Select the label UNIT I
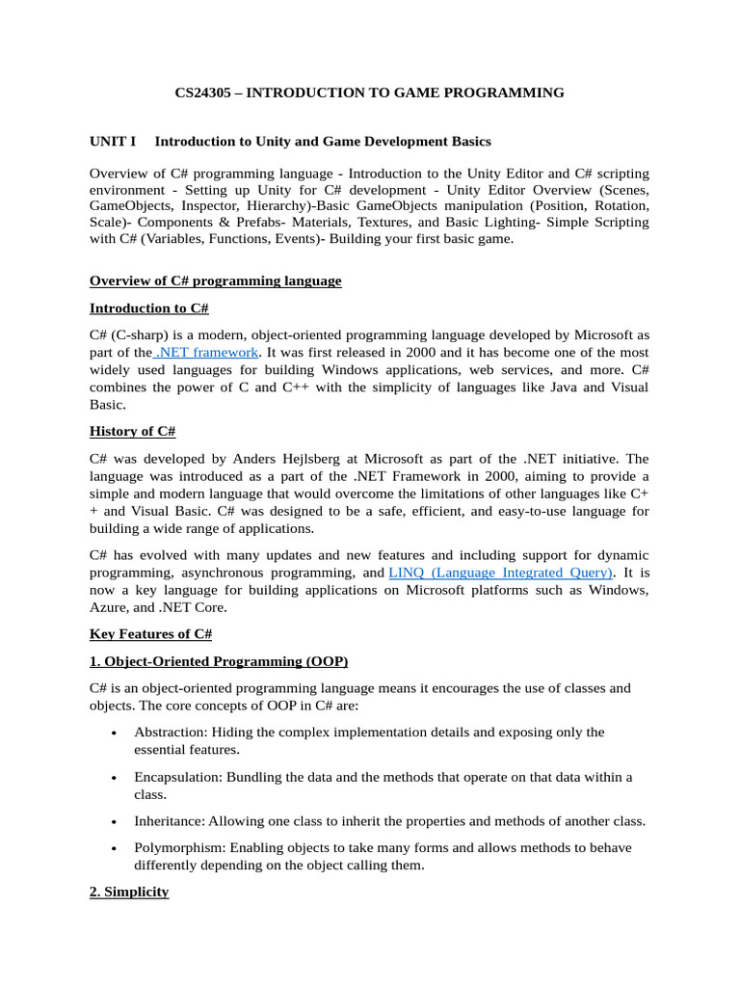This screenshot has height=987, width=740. pyautogui.click(x=113, y=142)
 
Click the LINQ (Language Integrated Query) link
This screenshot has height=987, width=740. pyautogui.click(x=501, y=573)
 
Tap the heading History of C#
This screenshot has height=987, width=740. pyautogui.click(x=133, y=431)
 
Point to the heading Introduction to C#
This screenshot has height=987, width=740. pyautogui.click(x=149, y=308)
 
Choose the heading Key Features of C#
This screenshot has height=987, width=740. pyautogui.click(x=150, y=633)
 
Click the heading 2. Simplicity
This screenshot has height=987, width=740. pyautogui.click(x=129, y=893)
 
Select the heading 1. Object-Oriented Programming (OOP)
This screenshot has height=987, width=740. pyautogui.click(x=219, y=661)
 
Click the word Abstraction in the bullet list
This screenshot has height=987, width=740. pyautogui.click(x=170, y=732)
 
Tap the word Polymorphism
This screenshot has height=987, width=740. pyautogui.click(x=176, y=848)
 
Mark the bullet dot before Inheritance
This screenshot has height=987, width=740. pyautogui.click(x=114, y=822)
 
